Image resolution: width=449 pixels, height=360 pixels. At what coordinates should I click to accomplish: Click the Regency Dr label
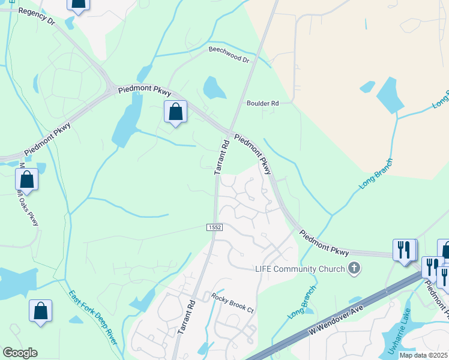tap(37, 17)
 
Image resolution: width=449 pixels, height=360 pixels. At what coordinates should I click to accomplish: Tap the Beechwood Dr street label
tap(229, 55)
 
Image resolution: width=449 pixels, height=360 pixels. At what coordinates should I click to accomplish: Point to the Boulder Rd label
tap(263, 103)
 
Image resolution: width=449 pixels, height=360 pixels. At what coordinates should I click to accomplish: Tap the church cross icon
tap(354, 268)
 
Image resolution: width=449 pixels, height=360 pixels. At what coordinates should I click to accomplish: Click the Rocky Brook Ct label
tap(233, 302)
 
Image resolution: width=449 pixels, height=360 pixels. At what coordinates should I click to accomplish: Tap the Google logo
tap(20, 352)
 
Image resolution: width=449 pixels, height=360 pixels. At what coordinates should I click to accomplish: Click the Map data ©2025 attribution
tap(424, 355)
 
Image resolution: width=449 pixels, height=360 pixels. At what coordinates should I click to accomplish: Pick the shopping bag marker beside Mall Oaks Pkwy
tap(26, 179)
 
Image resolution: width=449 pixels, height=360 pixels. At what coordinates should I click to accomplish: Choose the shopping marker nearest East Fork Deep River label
tap(40, 311)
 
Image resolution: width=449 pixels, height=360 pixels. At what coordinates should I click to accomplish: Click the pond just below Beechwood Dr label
tap(214, 88)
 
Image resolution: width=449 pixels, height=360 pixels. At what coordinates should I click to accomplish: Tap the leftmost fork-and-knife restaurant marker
tap(403, 250)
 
